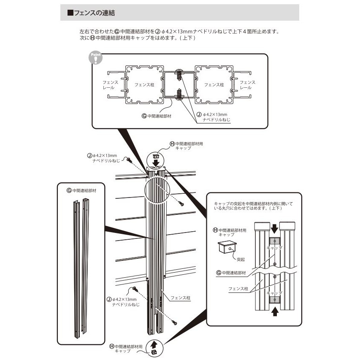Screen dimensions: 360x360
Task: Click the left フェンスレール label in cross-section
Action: click(111, 85)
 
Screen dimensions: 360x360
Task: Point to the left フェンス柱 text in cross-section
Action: click(144, 85)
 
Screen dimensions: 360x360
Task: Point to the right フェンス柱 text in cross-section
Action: click(214, 85)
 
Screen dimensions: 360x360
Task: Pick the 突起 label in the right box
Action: click(241, 259)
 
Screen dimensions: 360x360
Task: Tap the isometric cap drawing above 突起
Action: click(227, 247)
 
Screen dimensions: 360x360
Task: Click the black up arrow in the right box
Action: click(275, 311)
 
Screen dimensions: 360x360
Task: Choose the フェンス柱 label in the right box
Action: click(238, 290)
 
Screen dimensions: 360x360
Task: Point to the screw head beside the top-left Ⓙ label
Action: click(129, 161)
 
